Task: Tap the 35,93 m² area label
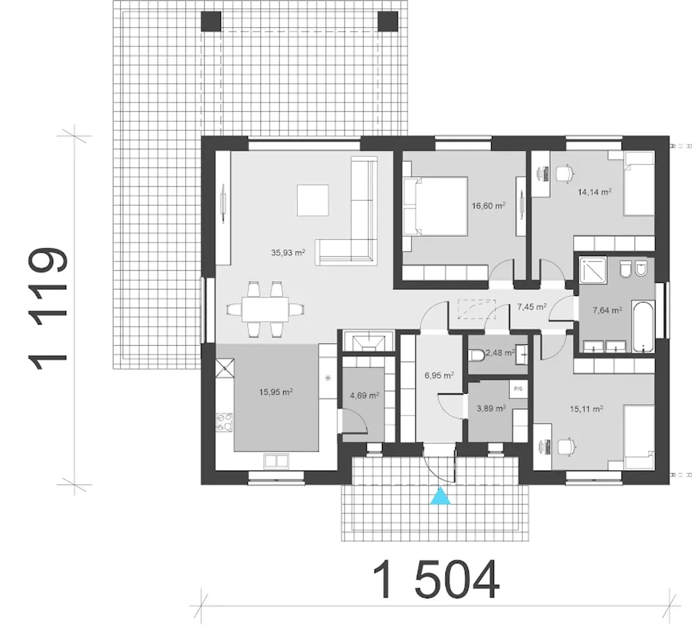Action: coord(288,252)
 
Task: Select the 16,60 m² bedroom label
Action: coord(489,206)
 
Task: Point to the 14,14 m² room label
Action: coord(595,192)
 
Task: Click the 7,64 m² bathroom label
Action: coord(608,310)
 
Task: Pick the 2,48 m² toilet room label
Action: coord(500,352)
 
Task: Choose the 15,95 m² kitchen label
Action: coord(276,392)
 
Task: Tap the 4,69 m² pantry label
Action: coord(364,396)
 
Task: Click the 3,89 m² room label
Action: coord(491,409)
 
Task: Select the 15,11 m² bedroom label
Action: coord(587,409)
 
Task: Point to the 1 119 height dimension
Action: coord(47,308)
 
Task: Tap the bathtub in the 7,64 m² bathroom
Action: coord(643,326)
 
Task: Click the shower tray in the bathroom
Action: coord(593,270)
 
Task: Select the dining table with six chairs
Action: coord(265,309)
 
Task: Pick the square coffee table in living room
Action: coord(313,201)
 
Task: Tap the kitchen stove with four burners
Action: coord(224,423)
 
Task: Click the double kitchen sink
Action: coord(276,461)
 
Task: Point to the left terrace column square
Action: coord(211,22)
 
